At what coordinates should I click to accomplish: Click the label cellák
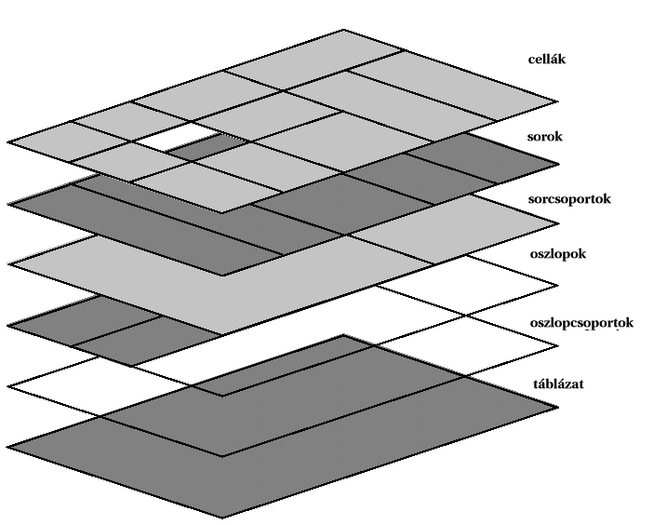[x=547, y=59]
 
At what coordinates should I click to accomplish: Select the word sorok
[x=545, y=137]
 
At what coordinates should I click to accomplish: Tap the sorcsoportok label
[x=569, y=199]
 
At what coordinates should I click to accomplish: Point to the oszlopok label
[x=558, y=254]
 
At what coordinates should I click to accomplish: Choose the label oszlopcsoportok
[x=581, y=323]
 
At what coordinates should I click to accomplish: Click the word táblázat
[x=558, y=384]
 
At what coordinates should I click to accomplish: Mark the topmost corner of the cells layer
[x=343, y=30]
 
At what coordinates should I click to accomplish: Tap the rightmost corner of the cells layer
[x=557, y=101]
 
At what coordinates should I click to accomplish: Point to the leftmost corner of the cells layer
[x=8, y=142]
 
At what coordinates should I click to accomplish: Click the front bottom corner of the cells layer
[x=221, y=212]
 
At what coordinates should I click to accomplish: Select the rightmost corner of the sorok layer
[x=558, y=164]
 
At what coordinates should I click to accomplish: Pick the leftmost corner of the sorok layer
[x=8, y=204]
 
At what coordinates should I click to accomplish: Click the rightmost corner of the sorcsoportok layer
[x=558, y=223]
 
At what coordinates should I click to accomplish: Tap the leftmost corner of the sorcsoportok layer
[x=8, y=264]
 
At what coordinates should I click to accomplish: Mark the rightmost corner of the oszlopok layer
[x=558, y=286]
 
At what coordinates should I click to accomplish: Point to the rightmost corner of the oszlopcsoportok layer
[x=558, y=346]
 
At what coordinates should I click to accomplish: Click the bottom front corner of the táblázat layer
[x=221, y=518]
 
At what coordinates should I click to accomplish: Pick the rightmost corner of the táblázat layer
[x=558, y=407]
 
